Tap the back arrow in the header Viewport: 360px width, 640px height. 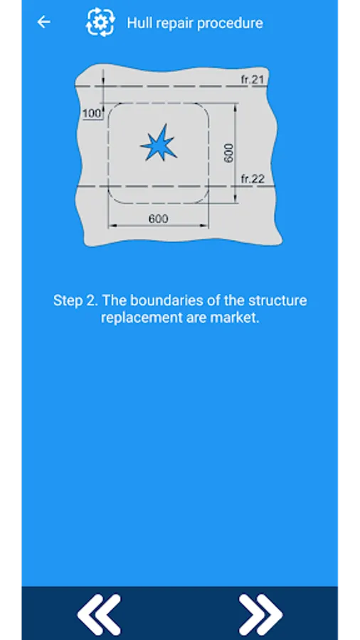tap(43, 22)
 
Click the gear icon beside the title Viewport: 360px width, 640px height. tap(100, 22)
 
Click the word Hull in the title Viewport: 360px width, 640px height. tap(137, 23)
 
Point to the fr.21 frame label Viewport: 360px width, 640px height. tap(253, 79)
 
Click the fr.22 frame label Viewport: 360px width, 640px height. tap(253, 178)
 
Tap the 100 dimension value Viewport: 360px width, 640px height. tap(92, 114)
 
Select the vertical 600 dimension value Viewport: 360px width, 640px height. tap(228, 153)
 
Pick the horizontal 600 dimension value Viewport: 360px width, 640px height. tap(158, 219)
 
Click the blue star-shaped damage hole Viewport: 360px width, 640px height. tap(159, 143)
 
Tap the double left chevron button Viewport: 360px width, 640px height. tap(99, 614)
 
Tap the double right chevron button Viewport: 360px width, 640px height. tap(260, 614)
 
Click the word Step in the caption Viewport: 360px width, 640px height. tap(68, 301)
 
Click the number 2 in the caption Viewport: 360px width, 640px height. tap(92, 301)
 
